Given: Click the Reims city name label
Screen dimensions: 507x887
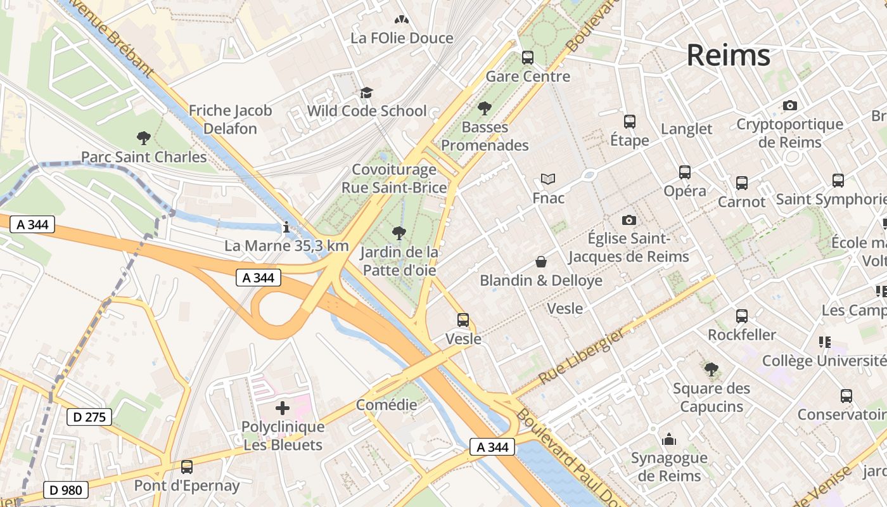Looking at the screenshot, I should coord(728,55).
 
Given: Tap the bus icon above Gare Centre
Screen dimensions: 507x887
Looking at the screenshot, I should coord(527,58).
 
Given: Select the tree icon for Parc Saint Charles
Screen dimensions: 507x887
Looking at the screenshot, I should coord(144,138).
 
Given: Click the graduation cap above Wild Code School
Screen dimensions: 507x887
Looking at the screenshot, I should coord(366,93).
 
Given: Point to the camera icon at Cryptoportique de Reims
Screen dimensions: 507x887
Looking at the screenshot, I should coord(789,106).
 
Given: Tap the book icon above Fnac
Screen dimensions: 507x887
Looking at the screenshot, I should coord(547,179).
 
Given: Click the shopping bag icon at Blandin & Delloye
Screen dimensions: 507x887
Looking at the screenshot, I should coord(541,262).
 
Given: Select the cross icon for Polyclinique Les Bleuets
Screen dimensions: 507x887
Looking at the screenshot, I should coord(283,408).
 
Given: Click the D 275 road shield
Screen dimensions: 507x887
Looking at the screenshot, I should coord(89,417).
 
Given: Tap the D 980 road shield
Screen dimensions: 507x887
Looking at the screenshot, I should coord(66,490).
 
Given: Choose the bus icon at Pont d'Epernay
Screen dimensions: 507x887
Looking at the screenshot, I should coord(186,467).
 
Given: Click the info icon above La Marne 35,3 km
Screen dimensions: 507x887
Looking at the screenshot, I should coord(286,227).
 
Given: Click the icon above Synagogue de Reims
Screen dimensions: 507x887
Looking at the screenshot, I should coord(668,439).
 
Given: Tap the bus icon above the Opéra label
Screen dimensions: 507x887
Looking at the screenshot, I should coord(684,172).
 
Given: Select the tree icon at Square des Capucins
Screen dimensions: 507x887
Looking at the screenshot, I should coord(711,369).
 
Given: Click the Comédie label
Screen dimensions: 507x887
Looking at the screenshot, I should coord(386,405).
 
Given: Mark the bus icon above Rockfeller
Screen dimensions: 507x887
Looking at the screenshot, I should coord(741,316).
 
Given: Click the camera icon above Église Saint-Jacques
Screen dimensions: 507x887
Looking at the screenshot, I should coord(629,220).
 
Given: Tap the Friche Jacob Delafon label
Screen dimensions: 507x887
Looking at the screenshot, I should coord(230,119).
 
